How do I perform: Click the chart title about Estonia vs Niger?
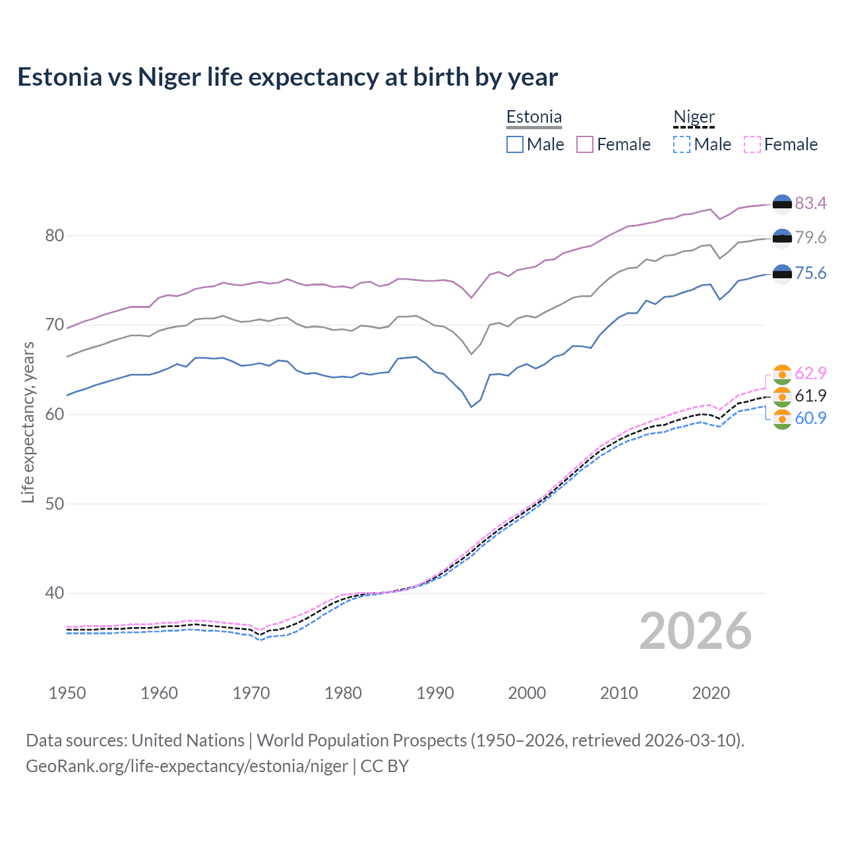pos(287,77)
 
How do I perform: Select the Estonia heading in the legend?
pos(534,117)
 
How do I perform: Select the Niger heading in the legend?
pos(694,117)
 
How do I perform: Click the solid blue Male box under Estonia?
pos(515,144)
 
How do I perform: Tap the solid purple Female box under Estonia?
pos(585,144)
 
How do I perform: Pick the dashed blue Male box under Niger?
pos(682,144)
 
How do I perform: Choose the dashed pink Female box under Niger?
pos(752,144)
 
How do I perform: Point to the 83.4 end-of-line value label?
pos(810,203)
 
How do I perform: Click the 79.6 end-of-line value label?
pos(810,237)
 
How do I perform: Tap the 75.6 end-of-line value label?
pos(810,273)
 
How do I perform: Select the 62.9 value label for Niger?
pos(810,373)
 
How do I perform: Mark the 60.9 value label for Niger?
pos(810,418)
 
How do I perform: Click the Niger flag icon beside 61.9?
pos(782,396)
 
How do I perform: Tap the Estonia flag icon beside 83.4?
pos(782,204)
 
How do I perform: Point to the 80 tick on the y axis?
pos(54,235)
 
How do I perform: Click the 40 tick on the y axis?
pos(54,593)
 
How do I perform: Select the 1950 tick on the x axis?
pos(67,693)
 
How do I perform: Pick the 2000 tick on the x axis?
pos(527,693)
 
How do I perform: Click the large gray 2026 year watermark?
pos(695,631)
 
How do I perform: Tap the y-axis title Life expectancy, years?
pos(28,422)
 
